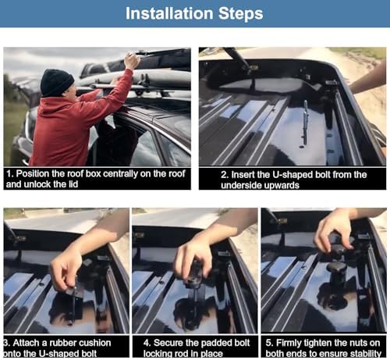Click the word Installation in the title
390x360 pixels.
pyautogui.click(x=169, y=13)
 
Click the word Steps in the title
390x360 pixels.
pyautogui.click(x=240, y=14)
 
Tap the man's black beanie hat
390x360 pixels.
pyautogui.click(x=57, y=82)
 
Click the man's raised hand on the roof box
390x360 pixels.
pyautogui.click(x=132, y=61)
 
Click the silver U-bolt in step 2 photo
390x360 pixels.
pyautogui.click(x=305, y=123)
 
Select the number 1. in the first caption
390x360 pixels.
pyautogui.click(x=10, y=173)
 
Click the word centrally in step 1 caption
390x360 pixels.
pyautogui.click(x=120, y=174)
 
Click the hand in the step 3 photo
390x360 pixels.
pyautogui.click(x=66, y=267)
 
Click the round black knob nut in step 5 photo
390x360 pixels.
pyautogui.click(x=337, y=268)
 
